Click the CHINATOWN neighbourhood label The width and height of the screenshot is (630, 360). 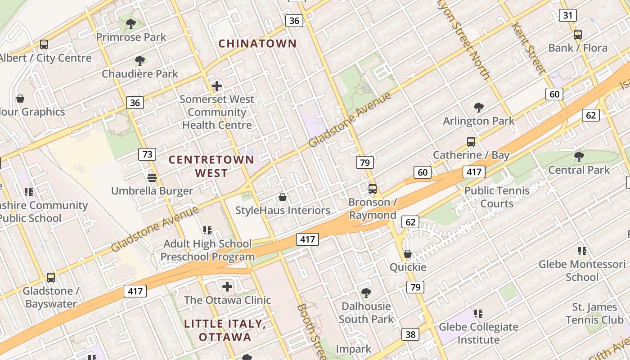(x=257, y=44)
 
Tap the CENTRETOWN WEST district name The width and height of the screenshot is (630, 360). (x=211, y=166)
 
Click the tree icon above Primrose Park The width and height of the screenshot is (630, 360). (x=131, y=24)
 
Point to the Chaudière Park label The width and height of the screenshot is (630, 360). (x=139, y=74)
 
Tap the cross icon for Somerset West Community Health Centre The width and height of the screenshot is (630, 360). (x=217, y=85)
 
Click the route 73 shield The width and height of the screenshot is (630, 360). (x=147, y=155)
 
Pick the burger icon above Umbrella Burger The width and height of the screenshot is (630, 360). (x=152, y=178)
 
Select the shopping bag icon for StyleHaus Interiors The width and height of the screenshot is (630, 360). (x=283, y=197)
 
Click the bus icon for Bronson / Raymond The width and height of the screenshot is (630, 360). (x=373, y=189)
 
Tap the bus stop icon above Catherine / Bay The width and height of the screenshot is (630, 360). (x=471, y=142)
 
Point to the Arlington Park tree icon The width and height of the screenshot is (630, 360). (x=479, y=108)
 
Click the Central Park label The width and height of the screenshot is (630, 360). (x=579, y=170)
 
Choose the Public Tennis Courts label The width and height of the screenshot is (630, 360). (x=497, y=197)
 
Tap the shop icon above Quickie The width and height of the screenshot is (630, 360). (x=408, y=254)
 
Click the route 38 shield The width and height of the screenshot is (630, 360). (x=410, y=334)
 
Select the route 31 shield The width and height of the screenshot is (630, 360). (x=568, y=15)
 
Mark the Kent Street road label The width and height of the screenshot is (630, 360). (x=528, y=49)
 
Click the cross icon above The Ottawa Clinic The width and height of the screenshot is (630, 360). (x=227, y=286)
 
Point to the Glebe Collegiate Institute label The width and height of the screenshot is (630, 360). (x=478, y=333)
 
